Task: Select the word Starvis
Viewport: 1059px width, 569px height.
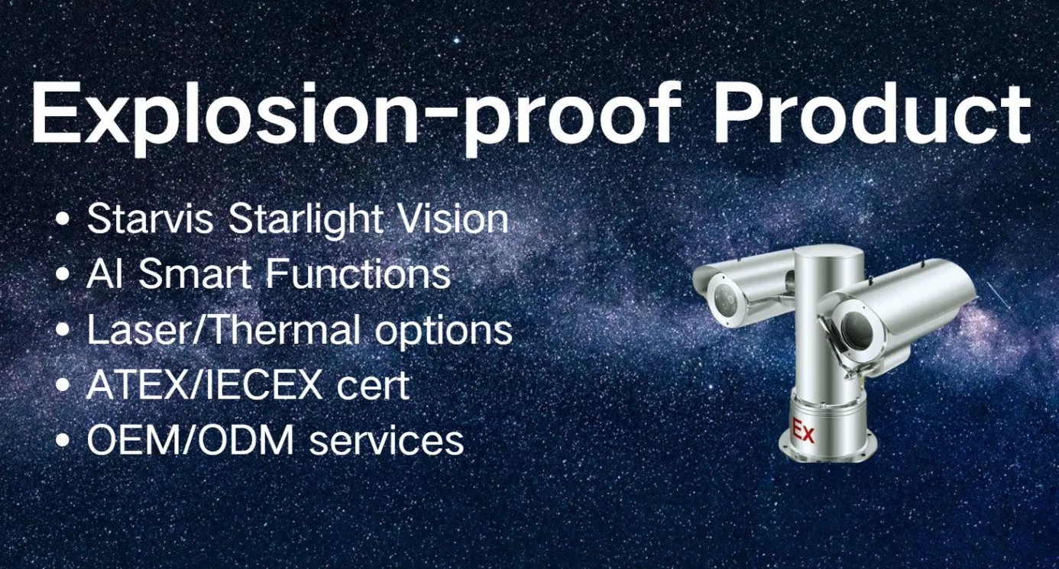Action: pyautogui.click(x=152, y=220)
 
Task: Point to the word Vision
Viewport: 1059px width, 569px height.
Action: pyautogui.click(x=451, y=220)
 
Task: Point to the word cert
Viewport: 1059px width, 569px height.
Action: pyautogui.click(x=374, y=386)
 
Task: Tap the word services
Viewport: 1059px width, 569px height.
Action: pyautogui.click(x=386, y=441)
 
